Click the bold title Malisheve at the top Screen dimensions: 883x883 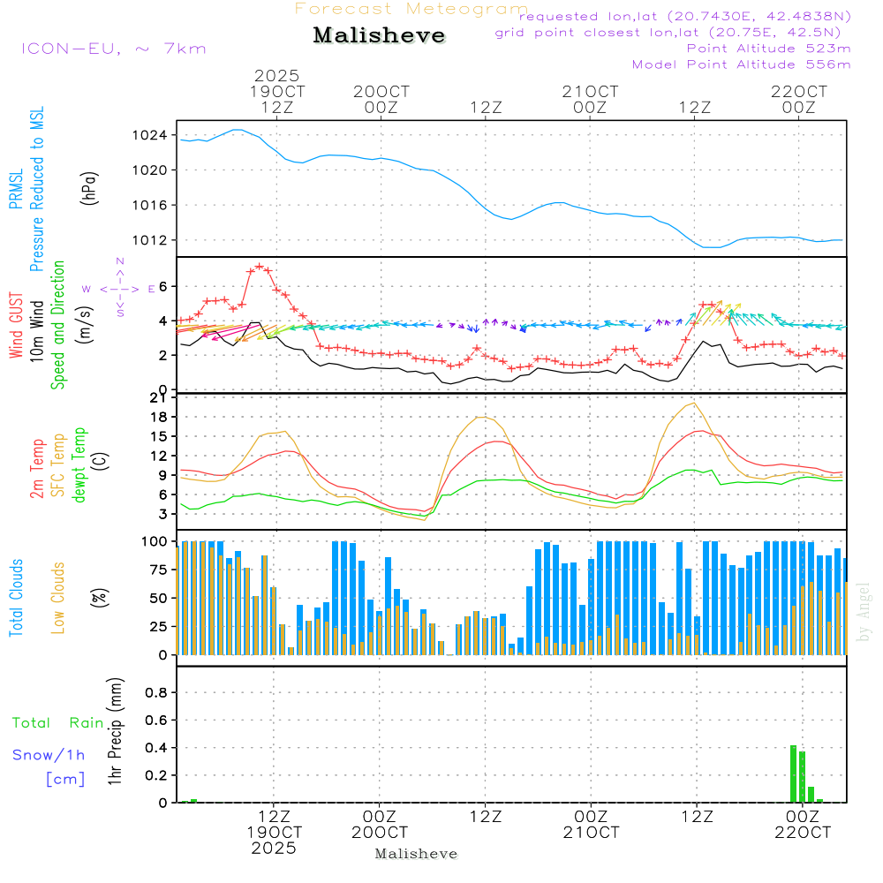pyautogui.click(x=380, y=35)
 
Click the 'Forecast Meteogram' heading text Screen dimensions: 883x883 pyautogui.click(x=411, y=10)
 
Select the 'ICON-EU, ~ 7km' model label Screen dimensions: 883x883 pyautogui.click(x=113, y=49)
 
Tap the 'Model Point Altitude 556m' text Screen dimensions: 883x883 pyautogui.click(x=741, y=64)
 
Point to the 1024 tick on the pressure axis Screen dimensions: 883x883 pyautogui.click(x=155, y=135)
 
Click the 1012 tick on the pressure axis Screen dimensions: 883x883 pyautogui.click(x=155, y=240)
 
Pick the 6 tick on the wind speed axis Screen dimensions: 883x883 pyautogui.click(x=163, y=286)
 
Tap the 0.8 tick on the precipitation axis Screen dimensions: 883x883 pyautogui.click(x=156, y=692)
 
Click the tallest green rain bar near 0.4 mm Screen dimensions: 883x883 pyautogui.click(x=793, y=774)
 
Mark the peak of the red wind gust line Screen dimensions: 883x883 pyautogui.click(x=259, y=266)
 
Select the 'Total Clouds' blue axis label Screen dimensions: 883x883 pyautogui.click(x=17, y=598)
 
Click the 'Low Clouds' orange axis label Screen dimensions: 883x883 pyautogui.click(x=59, y=598)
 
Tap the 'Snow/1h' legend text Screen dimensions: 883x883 pyautogui.click(x=49, y=755)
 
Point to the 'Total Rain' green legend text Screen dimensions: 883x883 pyautogui.click(x=58, y=723)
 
